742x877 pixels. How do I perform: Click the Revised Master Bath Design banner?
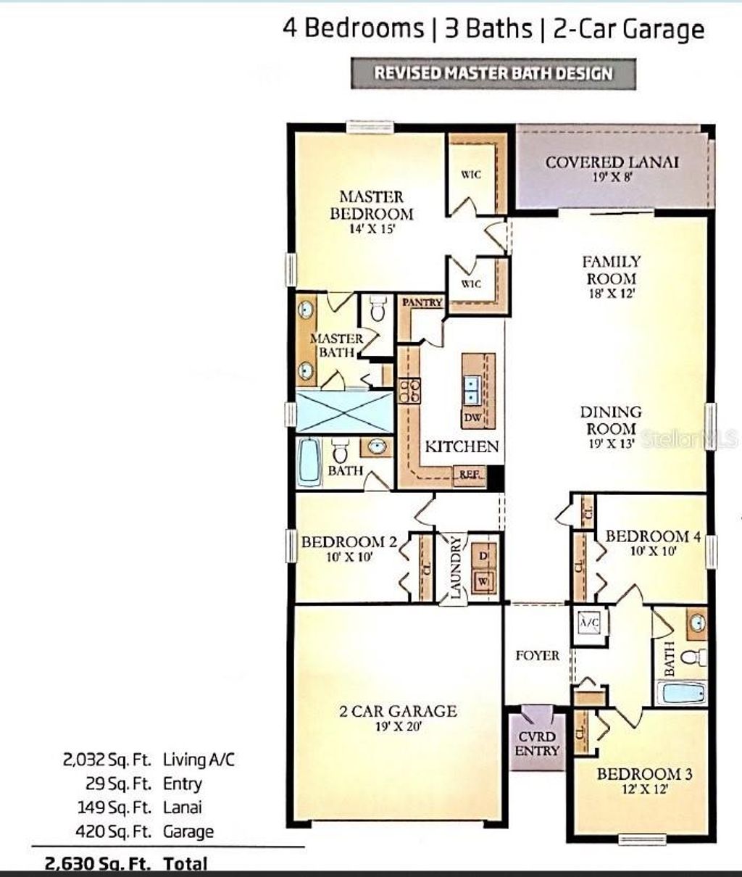[x=493, y=73]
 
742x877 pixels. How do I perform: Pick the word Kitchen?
[x=462, y=446]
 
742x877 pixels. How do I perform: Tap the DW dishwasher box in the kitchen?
[x=472, y=418]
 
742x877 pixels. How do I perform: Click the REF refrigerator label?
[x=468, y=475]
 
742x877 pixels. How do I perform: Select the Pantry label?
[x=422, y=302]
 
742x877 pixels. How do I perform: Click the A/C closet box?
[x=588, y=621]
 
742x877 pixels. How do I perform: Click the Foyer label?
[x=537, y=655]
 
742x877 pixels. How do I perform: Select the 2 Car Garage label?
[x=398, y=716]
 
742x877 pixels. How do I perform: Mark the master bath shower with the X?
[x=344, y=412]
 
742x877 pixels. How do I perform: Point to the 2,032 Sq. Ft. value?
[x=108, y=760]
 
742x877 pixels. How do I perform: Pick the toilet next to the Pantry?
[x=376, y=310]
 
